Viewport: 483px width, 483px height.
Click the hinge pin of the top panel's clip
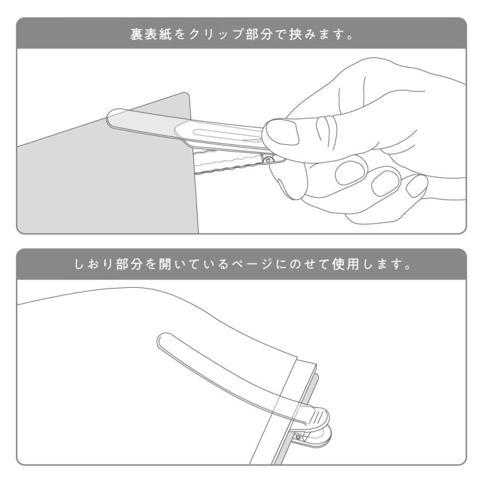[x=267, y=158]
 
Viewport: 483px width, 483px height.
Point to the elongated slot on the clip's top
[x=225, y=133]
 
